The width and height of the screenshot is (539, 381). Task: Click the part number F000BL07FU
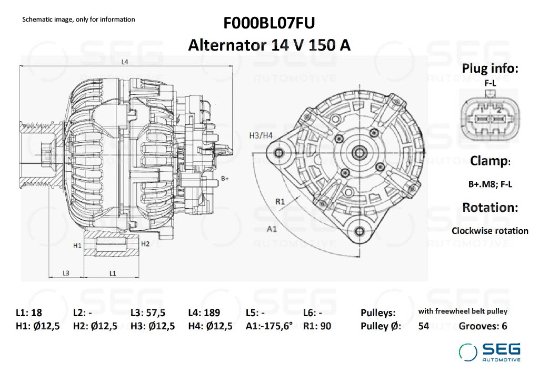click(269, 23)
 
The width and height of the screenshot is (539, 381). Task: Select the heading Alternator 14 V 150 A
click(269, 45)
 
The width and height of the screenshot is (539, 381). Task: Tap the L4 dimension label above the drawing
click(125, 62)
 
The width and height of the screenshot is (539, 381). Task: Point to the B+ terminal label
click(225, 179)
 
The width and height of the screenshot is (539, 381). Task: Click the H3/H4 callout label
click(261, 135)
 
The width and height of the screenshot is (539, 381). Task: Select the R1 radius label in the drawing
click(280, 201)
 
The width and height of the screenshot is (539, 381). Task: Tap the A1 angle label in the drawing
click(272, 229)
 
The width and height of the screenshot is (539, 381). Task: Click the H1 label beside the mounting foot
click(77, 246)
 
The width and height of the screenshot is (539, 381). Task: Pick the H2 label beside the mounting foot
click(146, 243)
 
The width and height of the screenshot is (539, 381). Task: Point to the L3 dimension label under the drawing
click(66, 273)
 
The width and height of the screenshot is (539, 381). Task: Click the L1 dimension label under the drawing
click(113, 273)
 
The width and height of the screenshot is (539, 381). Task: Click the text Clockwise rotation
click(490, 231)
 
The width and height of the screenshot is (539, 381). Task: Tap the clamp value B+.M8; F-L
click(490, 185)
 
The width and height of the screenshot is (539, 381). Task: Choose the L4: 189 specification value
click(204, 312)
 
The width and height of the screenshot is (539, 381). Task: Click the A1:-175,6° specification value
click(269, 326)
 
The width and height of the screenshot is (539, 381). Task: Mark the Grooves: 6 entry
click(483, 326)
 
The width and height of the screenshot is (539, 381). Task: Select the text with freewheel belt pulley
click(463, 311)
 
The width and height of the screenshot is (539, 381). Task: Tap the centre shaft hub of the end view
click(361, 153)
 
